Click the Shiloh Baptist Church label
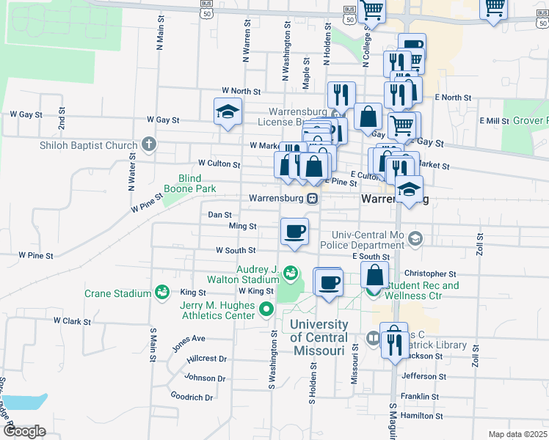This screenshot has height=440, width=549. [x=89, y=145]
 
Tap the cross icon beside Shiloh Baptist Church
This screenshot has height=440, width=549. [x=149, y=144]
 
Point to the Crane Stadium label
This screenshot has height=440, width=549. [x=117, y=293]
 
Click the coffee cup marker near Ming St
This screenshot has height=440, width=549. [x=294, y=232]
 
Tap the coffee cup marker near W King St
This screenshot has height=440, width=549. [x=327, y=282]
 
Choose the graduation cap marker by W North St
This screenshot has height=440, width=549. [x=228, y=111]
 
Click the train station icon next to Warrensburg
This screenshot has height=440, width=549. [x=313, y=198]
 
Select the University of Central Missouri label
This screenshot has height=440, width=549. [x=319, y=337]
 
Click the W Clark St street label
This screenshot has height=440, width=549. [x=71, y=321]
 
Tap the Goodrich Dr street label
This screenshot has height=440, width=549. [x=191, y=397]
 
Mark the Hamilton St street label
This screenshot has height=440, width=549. [x=421, y=415]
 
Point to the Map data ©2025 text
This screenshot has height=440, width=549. [x=517, y=434]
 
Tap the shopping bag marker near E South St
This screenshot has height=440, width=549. [x=374, y=276]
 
